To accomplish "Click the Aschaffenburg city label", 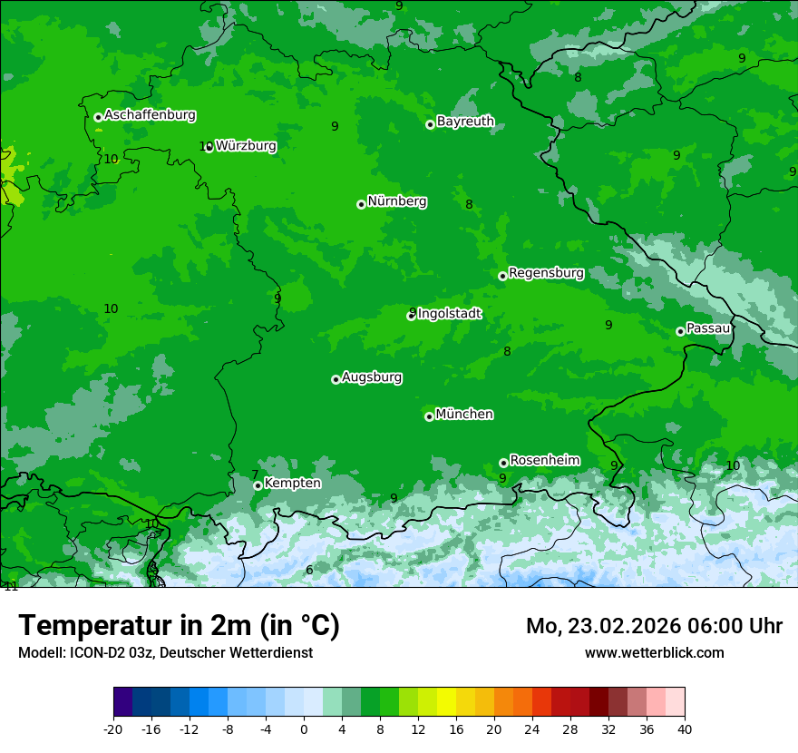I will coord(150,115).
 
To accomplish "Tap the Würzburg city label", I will coord(246,146).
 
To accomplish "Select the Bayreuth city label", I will coord(465,122).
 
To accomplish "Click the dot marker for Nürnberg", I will coord(361,204).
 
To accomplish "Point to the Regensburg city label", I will coord(546,273).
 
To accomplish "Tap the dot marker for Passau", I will coord(680,331).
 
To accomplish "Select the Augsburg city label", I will coord(372,377).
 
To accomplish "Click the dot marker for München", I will coord(429,417).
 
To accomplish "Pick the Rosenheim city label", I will coord(544,461).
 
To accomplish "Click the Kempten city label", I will coord(292,484).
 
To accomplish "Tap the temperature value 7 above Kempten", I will coord(255,474).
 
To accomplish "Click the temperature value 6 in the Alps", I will coord(309,570).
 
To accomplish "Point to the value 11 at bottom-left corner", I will coord(11,586).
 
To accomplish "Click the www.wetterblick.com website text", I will coord(654,652).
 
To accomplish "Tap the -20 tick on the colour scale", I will coord(113,729).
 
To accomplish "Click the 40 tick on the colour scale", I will coord(684,729).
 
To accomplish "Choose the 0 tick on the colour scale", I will coord(304,729).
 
